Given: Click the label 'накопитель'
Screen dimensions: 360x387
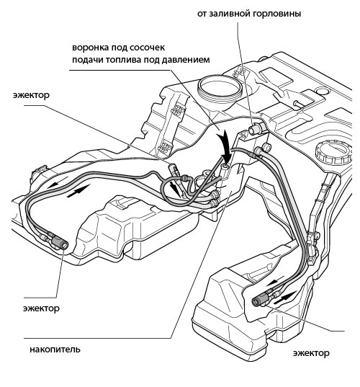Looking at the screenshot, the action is (x=55, y=350).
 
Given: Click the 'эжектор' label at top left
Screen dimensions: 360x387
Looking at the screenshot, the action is (x=31, y=95).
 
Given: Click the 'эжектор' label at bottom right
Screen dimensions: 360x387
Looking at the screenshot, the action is (x=311, y=353).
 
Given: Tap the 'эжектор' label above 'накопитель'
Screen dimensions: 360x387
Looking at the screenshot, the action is (x=41, y=308).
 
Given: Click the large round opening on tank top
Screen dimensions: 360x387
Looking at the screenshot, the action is (x=220, y=89).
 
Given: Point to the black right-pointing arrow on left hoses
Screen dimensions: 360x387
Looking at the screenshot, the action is (x=78, y=192).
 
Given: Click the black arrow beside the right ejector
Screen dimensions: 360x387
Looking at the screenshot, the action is (x=285, y=298).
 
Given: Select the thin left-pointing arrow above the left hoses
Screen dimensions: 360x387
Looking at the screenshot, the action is (x=59, y=183).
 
